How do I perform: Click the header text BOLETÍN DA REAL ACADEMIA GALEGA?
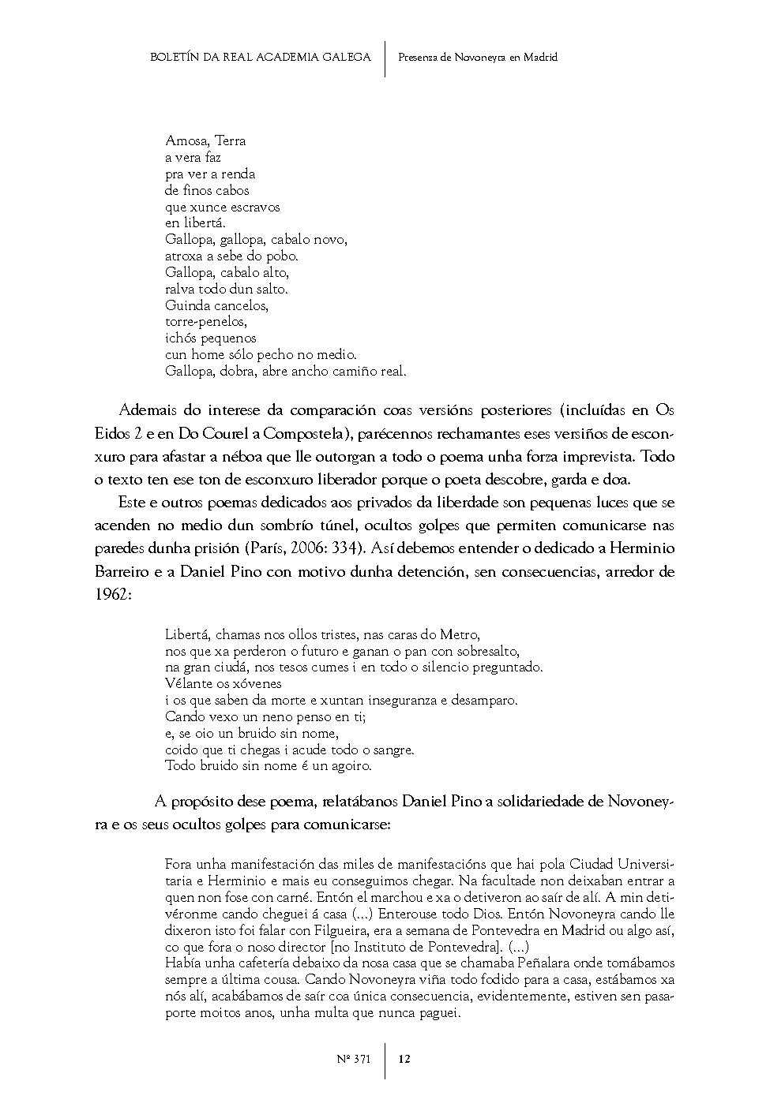pyautogui.click(x=260, y=58)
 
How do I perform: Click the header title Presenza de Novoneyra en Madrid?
pyautogui.click(x=478, y=58)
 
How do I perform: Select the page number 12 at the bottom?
pyautogui.click(x=404, y=1060)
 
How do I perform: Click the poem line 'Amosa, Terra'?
pyautogui.click(x=205, y=141)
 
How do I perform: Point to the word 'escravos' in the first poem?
pyautogui.click(x=257, y=207)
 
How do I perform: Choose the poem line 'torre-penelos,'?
pyautogui.click(x=206, y=322)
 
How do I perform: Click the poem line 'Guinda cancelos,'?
pyautogui.click(x=217, y=305)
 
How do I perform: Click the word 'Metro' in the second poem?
pyautogui.click(x=458, y=634)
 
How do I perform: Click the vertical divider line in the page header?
pyautogui.click(x=385, y=59)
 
